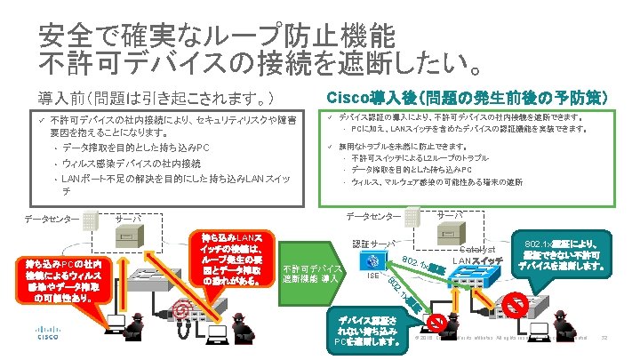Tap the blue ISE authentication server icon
(x=374, y=260)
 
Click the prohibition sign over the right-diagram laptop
(x=436, y=320)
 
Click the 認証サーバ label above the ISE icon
(x=374, y=243)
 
